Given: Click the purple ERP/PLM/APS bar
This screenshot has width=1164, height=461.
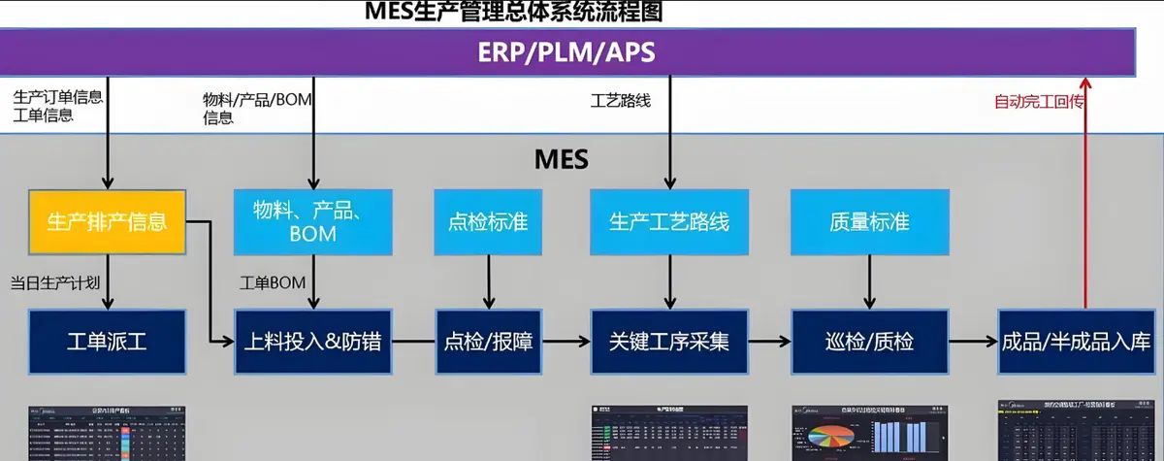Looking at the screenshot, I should (567, 51).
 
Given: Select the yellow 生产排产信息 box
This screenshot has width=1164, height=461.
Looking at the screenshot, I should (107, 221).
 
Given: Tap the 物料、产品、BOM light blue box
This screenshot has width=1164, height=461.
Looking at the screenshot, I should (312, 221).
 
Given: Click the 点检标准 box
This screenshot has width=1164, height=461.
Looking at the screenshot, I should (488, 221).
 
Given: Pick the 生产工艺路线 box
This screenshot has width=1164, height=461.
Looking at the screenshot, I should (669, 221).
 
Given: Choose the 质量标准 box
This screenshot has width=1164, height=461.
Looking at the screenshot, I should (870, 221).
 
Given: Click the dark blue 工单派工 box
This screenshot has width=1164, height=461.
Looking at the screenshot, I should (107, 342).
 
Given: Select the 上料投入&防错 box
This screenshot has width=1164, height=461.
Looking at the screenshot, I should (312, 342).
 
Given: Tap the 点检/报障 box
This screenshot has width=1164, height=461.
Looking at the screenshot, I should (488, 342).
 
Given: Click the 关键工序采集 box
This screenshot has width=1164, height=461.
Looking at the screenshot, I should (669, 342).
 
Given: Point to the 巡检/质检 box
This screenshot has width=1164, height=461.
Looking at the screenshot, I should (870, 342).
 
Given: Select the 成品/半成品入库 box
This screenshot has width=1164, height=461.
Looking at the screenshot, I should (1078, 342).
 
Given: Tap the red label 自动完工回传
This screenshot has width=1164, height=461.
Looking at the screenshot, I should (1038, 101).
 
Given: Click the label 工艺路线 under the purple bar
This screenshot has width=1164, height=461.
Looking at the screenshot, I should (621, 100).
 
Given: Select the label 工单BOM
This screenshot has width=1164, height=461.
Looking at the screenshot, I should (273, 282).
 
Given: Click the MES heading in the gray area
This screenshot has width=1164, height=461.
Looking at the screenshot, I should (562, 158).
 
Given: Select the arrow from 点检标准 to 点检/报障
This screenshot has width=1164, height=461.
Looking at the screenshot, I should (488, 281).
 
